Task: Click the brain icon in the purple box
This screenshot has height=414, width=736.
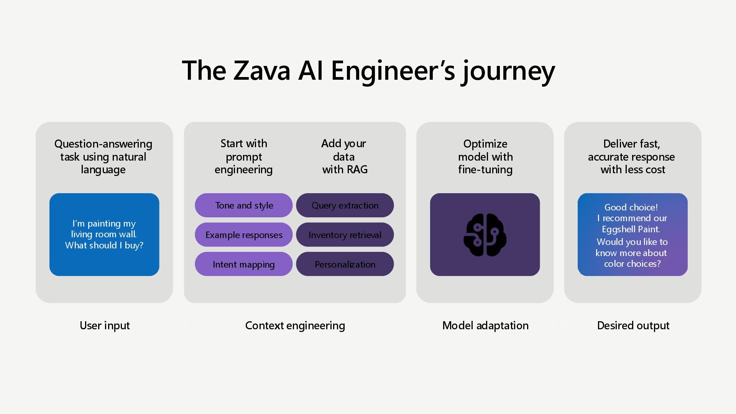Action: coord(485,235)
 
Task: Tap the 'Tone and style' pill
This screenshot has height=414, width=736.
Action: coord(244,205)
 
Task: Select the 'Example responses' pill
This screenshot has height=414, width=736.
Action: coord(244,235)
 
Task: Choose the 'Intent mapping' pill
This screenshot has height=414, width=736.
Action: coord(244,264)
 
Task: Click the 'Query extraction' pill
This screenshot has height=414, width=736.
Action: coord(345,205)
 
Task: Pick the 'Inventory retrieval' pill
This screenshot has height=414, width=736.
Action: coord(345,235)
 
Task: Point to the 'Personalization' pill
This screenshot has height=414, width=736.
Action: coord(345,264)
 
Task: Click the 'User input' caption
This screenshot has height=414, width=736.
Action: coord(105,325)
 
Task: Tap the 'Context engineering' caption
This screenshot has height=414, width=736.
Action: coord(295,325)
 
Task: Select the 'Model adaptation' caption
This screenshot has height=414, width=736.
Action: coord(485,325)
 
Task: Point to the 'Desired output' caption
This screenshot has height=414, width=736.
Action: coord(633,325)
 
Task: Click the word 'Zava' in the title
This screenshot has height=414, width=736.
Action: coord(261,71)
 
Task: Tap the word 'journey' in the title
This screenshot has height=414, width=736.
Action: coord(509,71)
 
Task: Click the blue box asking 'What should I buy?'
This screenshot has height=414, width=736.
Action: coord(104,235)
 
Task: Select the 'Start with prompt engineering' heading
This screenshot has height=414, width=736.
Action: coord(244,156)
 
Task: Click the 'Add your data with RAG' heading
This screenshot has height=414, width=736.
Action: coord(344,156)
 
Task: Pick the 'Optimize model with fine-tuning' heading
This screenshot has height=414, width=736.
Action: coord(485,156)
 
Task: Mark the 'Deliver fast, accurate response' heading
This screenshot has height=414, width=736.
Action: coord(632,156)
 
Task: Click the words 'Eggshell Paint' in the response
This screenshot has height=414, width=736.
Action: coord(631,229)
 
